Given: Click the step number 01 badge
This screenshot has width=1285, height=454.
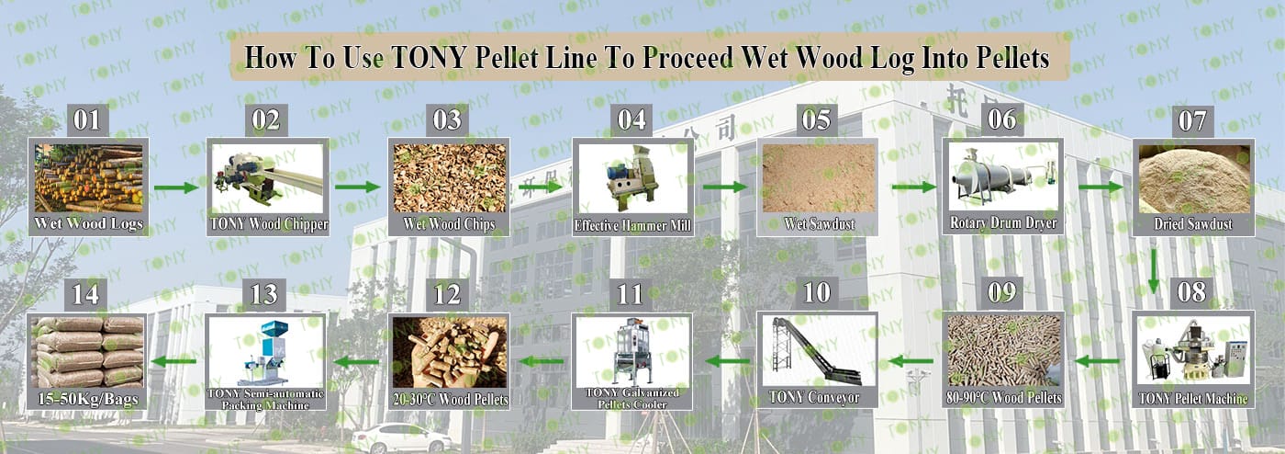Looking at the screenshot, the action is point(87,120).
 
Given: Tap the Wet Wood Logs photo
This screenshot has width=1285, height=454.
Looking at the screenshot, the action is point(88,178).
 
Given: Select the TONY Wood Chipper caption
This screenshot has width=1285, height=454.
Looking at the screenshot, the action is point(268,224).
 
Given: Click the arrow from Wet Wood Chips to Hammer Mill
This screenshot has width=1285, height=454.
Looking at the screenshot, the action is point(540,187).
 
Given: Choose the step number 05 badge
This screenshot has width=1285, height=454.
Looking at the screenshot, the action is point(816,120).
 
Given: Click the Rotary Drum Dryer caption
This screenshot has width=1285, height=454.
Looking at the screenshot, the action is point(1003,223).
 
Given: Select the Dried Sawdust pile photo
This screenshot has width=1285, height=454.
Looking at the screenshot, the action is point(1194,178).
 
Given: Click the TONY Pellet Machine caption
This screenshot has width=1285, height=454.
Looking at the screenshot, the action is point(1193,399).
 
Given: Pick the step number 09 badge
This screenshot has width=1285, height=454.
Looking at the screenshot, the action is point(1002,293).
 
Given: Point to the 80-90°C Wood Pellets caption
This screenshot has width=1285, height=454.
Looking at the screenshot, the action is point(1003,398).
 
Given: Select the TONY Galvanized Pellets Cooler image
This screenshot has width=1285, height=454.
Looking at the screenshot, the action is point(631,350).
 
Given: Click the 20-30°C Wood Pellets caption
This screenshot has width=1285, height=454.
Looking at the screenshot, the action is point(451,400).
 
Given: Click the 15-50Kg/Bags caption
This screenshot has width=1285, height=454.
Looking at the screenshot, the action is point(88,399).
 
